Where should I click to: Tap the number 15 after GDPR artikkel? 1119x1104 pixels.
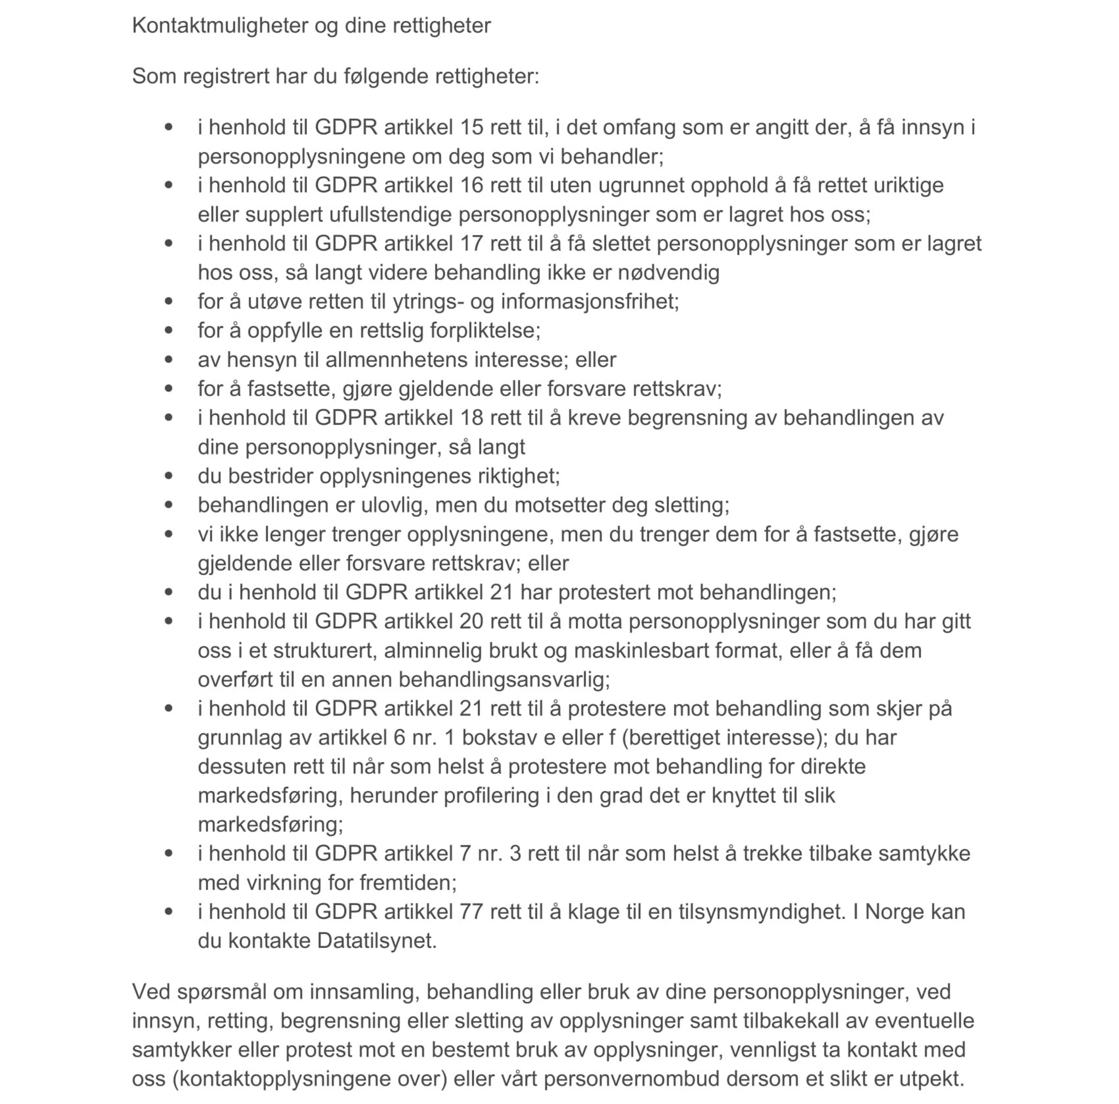pyautogui.click(x=472, y=127)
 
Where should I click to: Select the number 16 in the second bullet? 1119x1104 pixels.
pyautogui.click(x=472, y=185)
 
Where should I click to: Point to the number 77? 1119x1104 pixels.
pyautogui.click(x=472, y=912)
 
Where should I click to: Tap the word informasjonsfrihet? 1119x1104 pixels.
pyautogui.click(x=589, y=301)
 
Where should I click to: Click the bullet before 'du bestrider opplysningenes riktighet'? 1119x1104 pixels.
pyautogui.click(x=169, y=476)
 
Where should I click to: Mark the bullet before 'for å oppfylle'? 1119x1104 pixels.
pyautogui.click(x=169, y=331)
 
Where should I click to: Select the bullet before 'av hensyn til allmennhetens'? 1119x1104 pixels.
pyautogui.click(x=169, y=360)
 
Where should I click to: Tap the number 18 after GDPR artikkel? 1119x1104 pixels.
pyautogui.click(x=472, y=418)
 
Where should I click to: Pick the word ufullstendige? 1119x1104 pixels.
pyautogui.click(x=390, y=215)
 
